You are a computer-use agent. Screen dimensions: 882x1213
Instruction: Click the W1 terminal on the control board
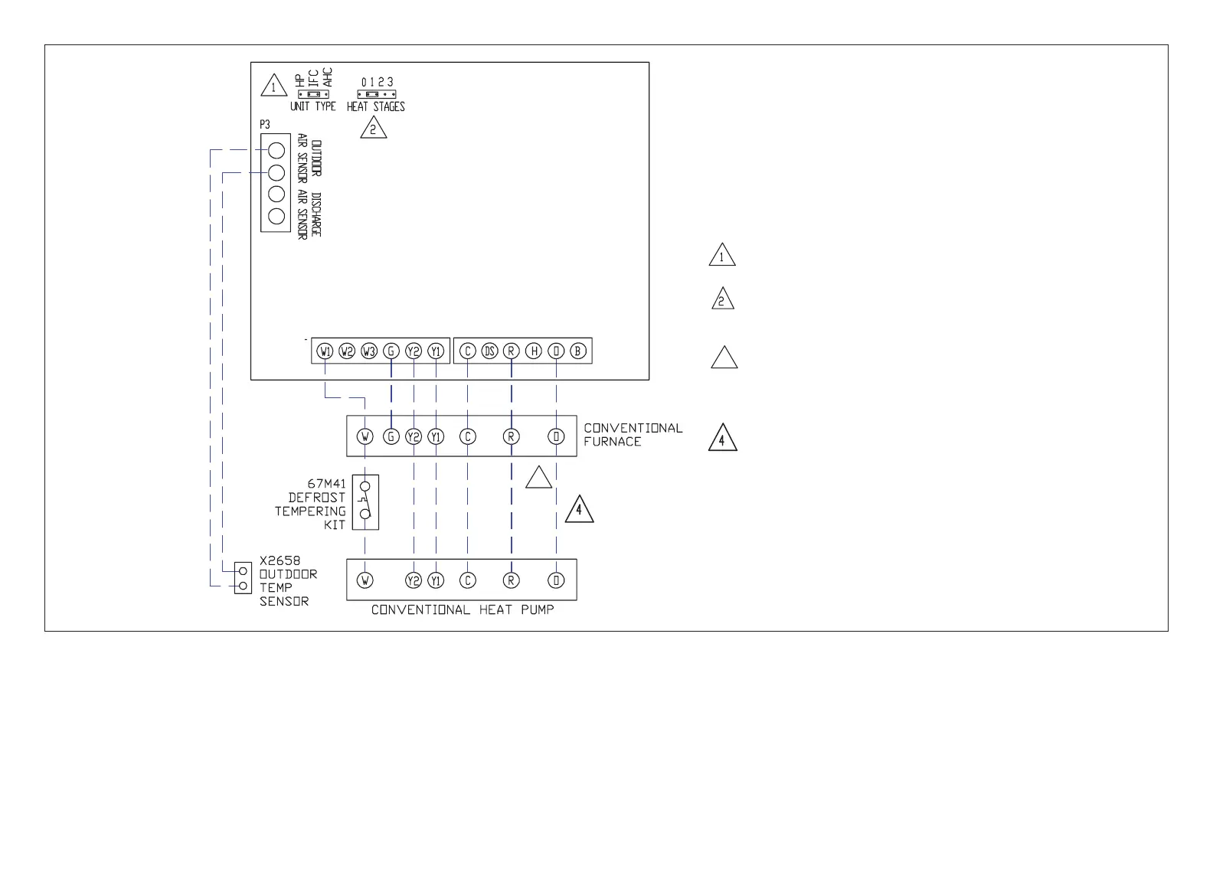tap(325, 351)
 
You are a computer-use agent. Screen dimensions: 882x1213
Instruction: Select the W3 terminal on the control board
tap(369, 351)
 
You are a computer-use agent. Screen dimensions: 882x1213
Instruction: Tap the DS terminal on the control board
tap(489, 351)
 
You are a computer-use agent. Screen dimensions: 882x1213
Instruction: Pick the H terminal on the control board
tap(534, 351)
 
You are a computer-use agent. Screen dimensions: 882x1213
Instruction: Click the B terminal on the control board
tap(578, 351)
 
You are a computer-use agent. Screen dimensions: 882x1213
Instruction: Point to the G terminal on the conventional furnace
tap(391, 436)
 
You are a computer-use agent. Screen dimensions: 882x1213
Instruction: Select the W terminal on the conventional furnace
tap(365, 436)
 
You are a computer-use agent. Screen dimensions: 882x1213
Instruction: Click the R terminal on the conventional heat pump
tap(511, 580)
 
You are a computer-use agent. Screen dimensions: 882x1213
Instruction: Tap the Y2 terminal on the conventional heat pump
tap(414, 580)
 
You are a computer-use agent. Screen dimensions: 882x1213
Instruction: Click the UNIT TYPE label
tap(312, 107)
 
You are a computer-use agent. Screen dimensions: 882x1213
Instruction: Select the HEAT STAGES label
tap(375, 107)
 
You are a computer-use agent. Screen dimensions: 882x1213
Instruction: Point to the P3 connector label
tap(265, 125)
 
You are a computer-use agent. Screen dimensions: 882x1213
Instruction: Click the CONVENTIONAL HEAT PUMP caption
tap(463, 610)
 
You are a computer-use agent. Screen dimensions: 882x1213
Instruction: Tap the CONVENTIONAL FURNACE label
tap(633, 435)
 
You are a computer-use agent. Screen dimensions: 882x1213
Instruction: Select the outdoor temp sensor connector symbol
tap(243, 579)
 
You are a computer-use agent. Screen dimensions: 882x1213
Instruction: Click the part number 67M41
tap(326, 484)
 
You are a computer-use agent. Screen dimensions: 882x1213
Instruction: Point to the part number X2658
tap(280, 560)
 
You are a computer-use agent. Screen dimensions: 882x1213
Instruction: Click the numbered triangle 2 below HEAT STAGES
tap(374, 129)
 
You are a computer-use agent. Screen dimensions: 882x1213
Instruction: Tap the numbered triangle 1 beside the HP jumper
tap(273, 87)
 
